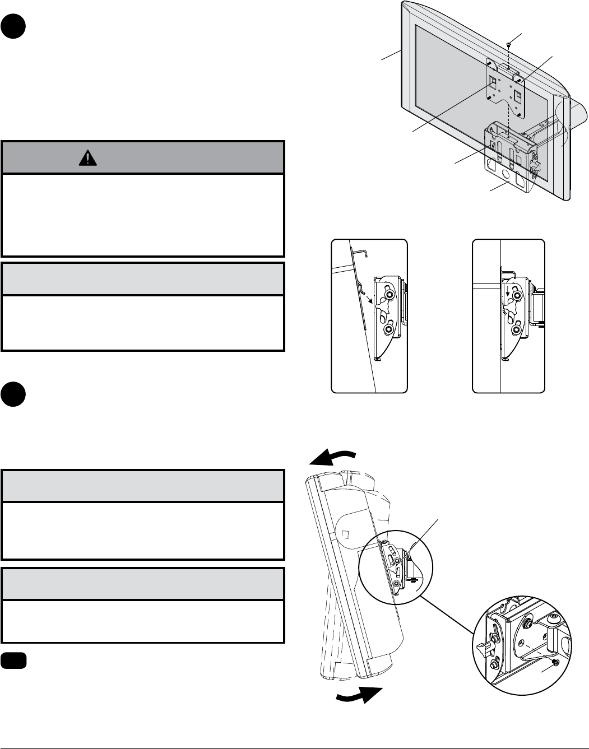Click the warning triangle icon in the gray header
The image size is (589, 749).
[x=87, y=159]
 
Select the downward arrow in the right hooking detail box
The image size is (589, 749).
[x=508, y=292]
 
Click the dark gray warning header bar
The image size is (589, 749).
[x=143, y=157]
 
